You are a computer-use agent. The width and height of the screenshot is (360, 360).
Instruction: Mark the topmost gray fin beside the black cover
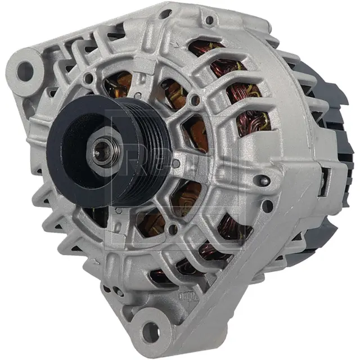pyautogui.click(x=292, y=59)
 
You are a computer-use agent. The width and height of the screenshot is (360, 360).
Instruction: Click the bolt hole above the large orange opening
pyautogui.click(x=194, y=101)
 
